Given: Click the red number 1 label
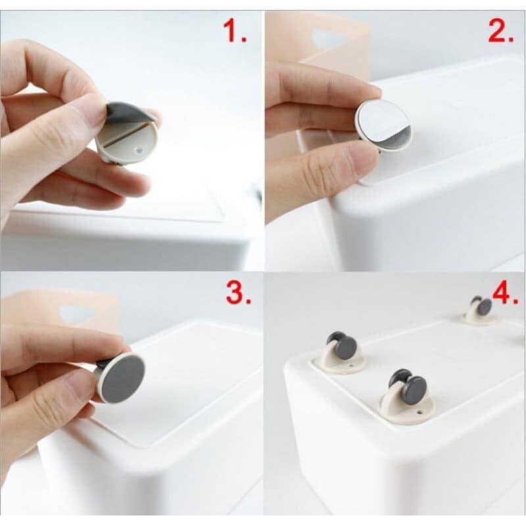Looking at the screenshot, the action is click(x=235, y=30).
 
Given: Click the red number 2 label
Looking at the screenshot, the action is click(x=500, y=30).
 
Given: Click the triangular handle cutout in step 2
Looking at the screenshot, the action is click(x=328, y=39).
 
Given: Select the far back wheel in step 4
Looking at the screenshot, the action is click(x=481, y=304).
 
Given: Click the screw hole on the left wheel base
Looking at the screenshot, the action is click(x=351, y=366).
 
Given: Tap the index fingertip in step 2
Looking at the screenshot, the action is click(x=369, y=93).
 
